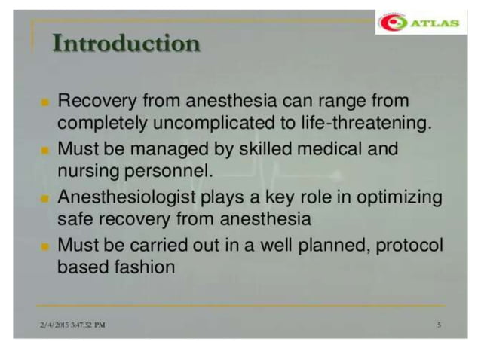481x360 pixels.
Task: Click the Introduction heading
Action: click(x=126, y=44)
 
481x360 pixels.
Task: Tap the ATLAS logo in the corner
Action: click(x=418, y=23)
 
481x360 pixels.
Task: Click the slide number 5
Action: click(x=438, y=325)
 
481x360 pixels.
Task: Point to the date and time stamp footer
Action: click(x=72, y=325)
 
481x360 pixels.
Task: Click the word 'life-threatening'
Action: click(x=377, y=124)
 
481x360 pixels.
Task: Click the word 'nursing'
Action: click(x=86, y=172)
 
